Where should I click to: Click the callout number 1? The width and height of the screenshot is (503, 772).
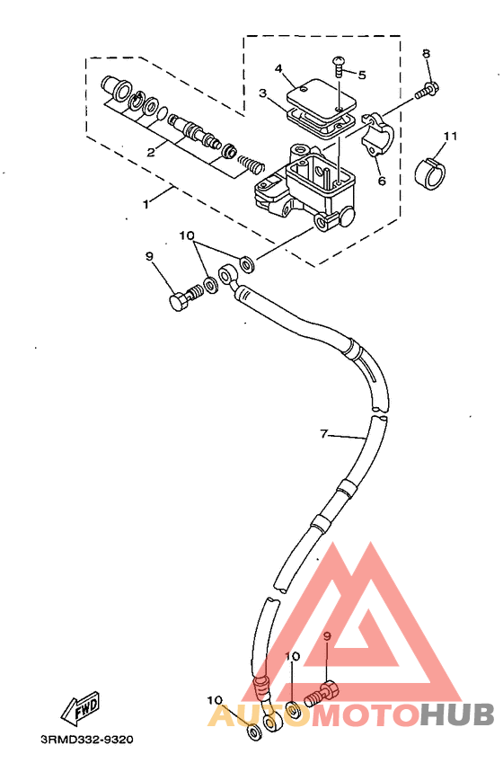[146, 204]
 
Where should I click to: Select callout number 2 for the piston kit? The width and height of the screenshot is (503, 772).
[151, 152]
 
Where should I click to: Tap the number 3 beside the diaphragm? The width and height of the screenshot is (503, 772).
[263, 93]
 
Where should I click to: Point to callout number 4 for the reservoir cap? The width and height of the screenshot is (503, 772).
[278, 68]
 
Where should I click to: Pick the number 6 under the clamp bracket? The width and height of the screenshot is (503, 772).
[382, 181]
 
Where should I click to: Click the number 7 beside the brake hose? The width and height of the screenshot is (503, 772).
[323, 434]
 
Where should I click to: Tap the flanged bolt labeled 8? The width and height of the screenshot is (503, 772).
[427, 92]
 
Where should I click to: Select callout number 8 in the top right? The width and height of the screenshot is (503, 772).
[427, 53]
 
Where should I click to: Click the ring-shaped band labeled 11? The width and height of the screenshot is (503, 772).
[430, 173]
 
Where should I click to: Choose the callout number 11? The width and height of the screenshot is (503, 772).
[450, 136]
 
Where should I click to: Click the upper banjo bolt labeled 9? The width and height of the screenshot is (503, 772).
[186, 297]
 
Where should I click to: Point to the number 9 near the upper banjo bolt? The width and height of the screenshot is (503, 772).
[150, 256]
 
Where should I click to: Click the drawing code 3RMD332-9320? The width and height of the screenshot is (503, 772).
[87, 739]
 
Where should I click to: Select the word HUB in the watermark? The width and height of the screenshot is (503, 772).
[457, 714]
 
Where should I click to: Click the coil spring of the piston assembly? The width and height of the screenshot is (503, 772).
[251, 163]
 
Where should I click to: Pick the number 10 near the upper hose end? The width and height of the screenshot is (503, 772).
[187, 235]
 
